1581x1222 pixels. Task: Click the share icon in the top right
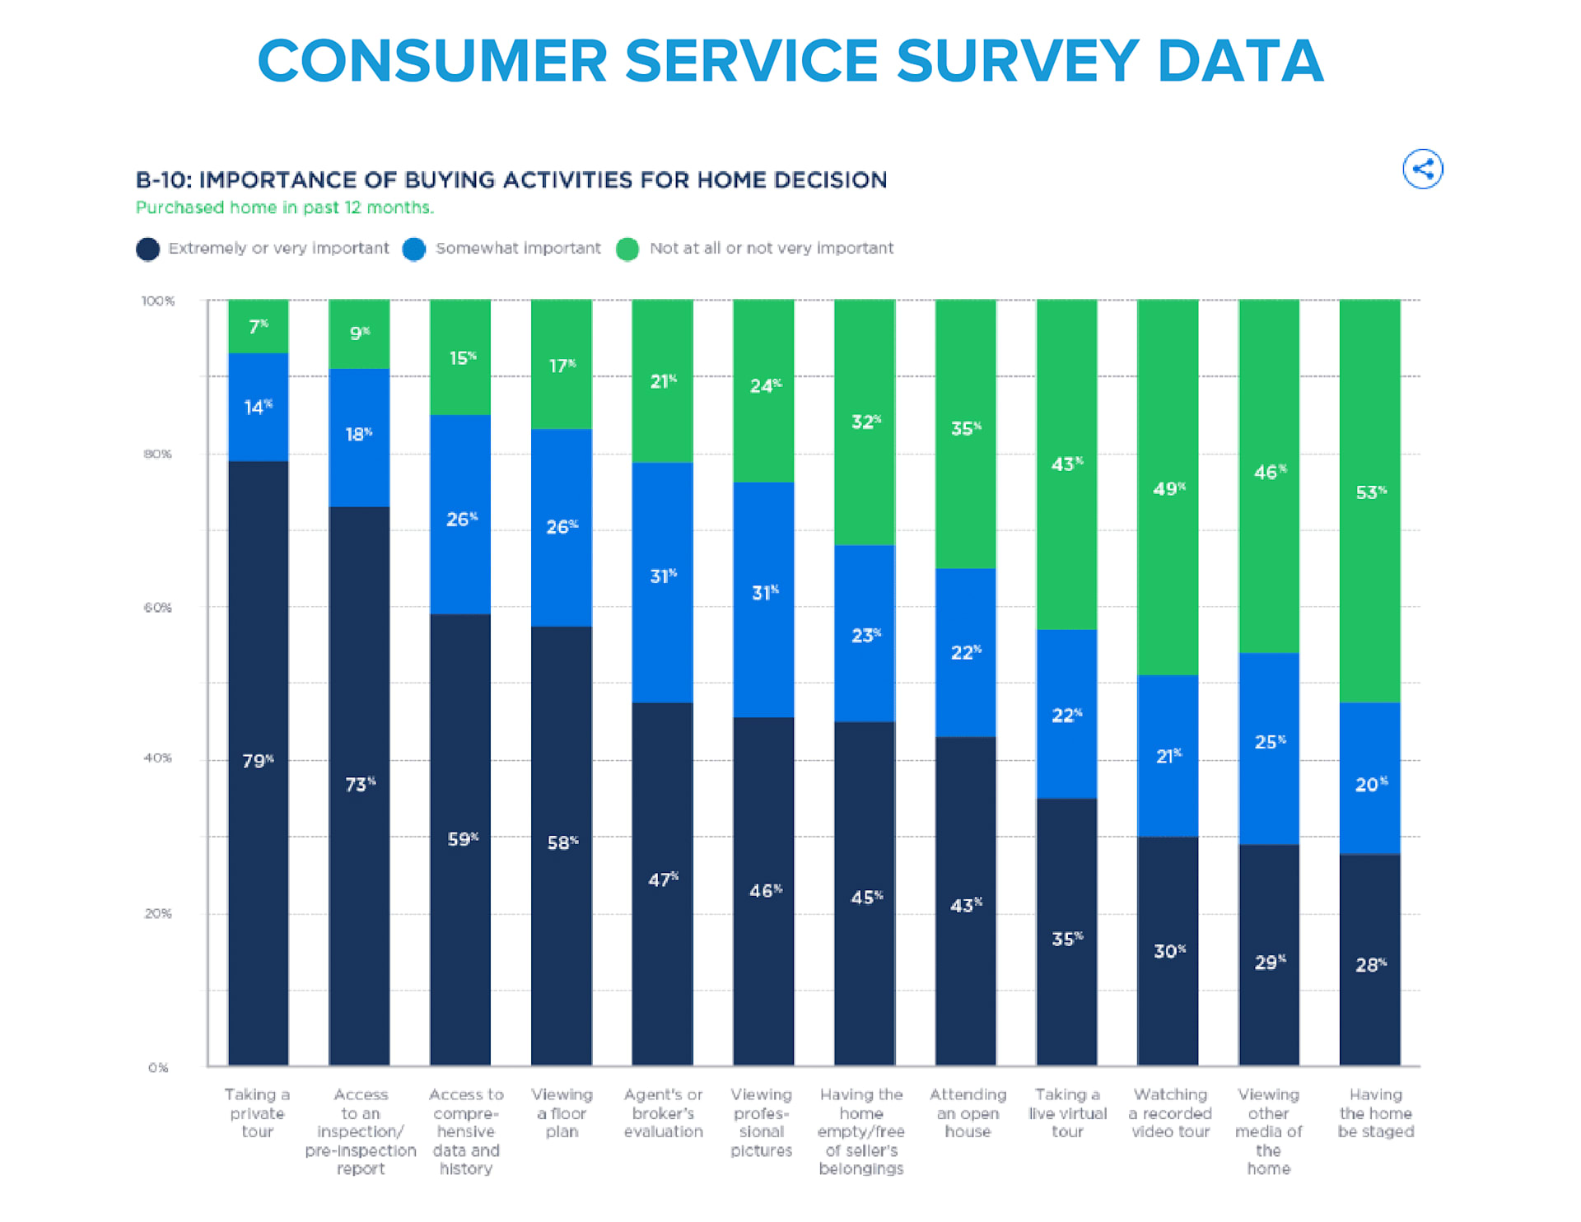(x=1422, y=170)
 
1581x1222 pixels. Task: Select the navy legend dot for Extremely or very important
(x=148, y=249)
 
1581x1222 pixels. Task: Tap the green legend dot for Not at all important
(x=627, y=249)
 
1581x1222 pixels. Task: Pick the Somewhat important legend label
(x=518, y=249)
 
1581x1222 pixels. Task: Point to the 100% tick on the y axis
(x=158, y=301)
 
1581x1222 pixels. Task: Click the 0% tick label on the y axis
(x=158, y=1068)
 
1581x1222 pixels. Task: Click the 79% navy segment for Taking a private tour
(x=258, y=762)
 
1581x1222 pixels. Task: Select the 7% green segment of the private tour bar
(x=258, y=326)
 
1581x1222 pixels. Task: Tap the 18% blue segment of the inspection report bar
(x=359, y=436)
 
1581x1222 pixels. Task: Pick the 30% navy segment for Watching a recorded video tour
(x=1168, y=951)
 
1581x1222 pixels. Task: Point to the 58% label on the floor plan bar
(x=562, y=842)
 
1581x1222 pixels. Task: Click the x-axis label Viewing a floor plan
(x=562, y=1113)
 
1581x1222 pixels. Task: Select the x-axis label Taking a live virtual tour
(x=1067, y=1113)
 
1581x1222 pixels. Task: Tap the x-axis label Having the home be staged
(x=1375, y=1113)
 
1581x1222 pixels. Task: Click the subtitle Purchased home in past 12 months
(x=284, y=208)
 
